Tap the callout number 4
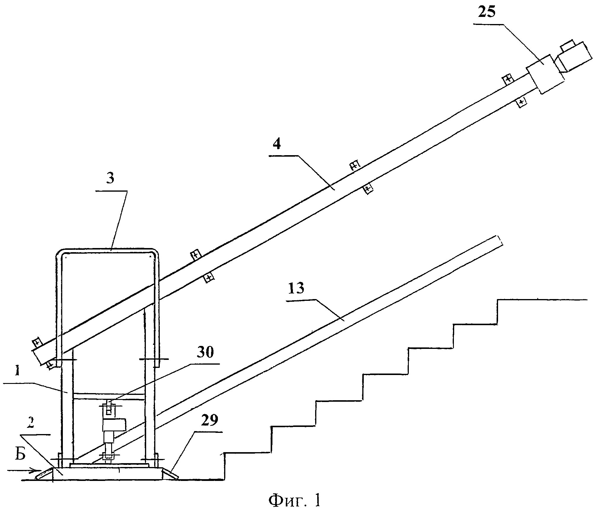tap(277, 145)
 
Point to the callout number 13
tap(296, 288)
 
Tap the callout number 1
tap(17, 372)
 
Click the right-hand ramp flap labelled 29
tap(171, 474)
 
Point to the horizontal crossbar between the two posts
tap(109, 396)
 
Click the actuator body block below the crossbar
tap(114, 425)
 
